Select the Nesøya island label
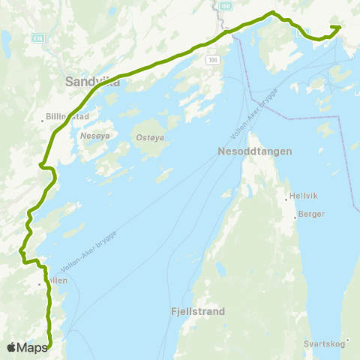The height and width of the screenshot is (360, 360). click(x=94, y=137)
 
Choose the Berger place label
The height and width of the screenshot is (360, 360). click(x=311, y=214)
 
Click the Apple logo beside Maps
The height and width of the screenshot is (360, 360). click(x=10, y=347)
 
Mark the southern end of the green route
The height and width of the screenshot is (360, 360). click(x=50, y=346)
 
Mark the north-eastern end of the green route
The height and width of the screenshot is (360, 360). click(x=339, y=28)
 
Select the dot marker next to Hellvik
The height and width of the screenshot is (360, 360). click(x=286, y=199)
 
